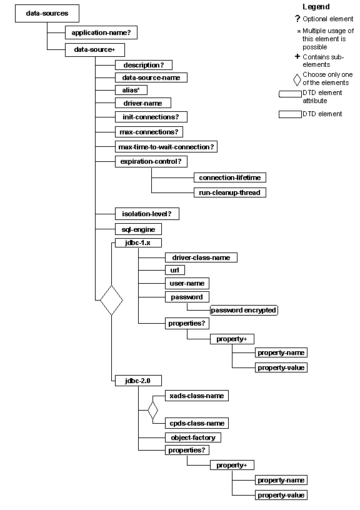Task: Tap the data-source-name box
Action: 151,77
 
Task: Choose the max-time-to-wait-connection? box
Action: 166,146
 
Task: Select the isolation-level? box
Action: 147,214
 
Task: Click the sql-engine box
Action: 138,229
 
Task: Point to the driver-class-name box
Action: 201,257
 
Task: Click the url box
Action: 174,270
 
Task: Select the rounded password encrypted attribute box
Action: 243,310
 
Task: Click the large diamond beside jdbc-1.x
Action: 111,301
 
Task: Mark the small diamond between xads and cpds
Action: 152,410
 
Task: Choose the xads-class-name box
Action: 196,396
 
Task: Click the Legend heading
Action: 316,6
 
